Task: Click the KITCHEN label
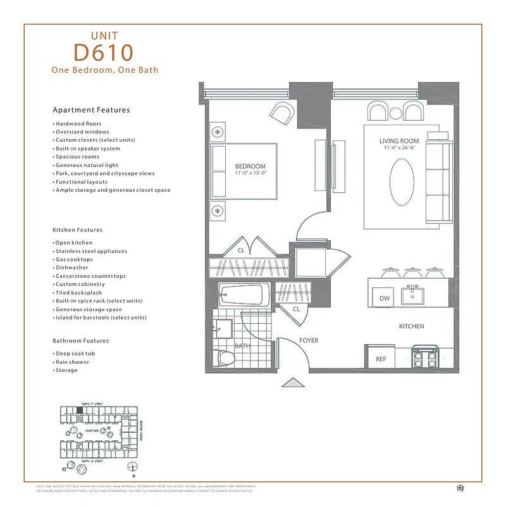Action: click(x=411, y=326)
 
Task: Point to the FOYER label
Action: click(x=309, y=340)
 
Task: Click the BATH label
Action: click(x=242, y=346)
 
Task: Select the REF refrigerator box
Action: click(x=381, y=359)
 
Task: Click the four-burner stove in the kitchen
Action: click(x=425, y=359)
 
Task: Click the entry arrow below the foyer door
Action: click(x=292, y=382)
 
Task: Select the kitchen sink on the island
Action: click(x=416, y=295)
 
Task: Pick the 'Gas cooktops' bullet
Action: click(x=74, y=259)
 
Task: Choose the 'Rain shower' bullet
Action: click(x=72, y=362)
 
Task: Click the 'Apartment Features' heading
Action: click(x=91, y=109)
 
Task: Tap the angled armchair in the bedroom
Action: click(x=282, y=114)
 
